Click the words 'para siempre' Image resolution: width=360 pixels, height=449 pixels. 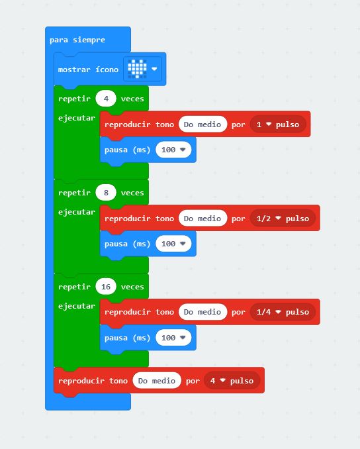[77, 40]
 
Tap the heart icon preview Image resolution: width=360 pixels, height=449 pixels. [137, 69]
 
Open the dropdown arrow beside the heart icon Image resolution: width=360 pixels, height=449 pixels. [154, 69]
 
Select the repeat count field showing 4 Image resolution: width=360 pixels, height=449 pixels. [106, 99]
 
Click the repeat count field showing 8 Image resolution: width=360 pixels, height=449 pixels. [106, 193]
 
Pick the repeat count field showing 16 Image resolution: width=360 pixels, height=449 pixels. [106, 286]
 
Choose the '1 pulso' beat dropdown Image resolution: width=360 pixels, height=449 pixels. [278, 125]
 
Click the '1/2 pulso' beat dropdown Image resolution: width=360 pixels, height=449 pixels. [283, 218]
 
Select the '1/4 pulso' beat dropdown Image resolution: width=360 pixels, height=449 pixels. [283, 312]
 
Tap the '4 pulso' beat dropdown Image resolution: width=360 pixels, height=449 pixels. [232, 381]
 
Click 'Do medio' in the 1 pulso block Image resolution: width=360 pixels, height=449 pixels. [202, 125]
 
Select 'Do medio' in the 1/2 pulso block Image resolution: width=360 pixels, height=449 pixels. [202, 218]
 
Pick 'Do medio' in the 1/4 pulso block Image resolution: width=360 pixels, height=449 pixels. [202, 312]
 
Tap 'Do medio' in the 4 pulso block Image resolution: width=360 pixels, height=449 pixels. [157, 381]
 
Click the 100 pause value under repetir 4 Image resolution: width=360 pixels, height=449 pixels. [173, 150]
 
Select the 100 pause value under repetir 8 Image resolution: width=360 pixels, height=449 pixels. [173, 244]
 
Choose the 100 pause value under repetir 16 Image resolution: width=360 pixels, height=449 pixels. [173, 338]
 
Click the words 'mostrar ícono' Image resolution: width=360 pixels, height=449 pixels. [88, 70]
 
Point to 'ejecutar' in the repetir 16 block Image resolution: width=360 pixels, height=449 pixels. [76, 306]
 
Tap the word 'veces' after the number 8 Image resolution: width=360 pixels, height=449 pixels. [132, 193]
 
